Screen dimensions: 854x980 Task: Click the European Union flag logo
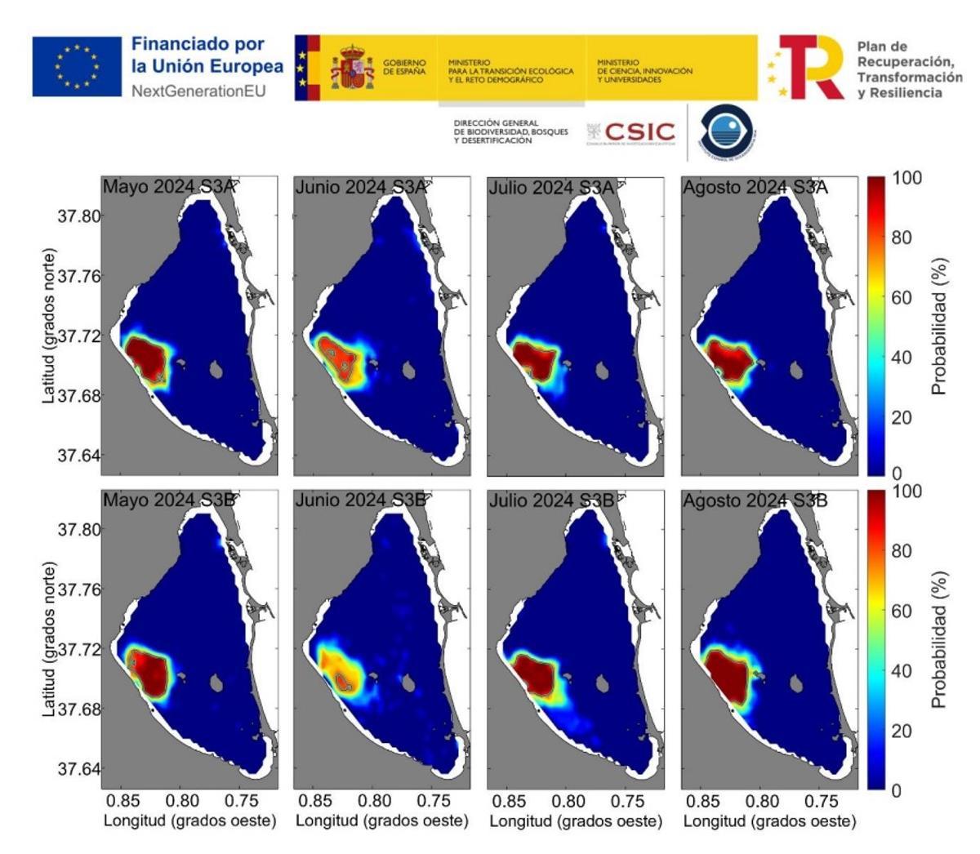point(77,66)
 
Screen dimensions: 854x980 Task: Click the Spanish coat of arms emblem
point(352,67)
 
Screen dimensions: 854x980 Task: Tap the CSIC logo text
point(639,132)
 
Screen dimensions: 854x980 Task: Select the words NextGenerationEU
point(198,91)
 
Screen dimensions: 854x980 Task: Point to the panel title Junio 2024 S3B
point(360,500)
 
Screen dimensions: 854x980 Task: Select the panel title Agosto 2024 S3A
point(755,187)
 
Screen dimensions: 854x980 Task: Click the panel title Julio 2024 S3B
point(552,500)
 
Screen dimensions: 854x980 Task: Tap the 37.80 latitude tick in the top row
point(78,216)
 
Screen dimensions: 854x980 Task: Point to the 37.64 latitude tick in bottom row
point(78,769)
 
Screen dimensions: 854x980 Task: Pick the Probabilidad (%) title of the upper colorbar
point(939,327)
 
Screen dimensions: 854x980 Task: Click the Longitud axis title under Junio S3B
point(382,821)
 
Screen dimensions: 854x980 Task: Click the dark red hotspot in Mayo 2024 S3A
point(147,358)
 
